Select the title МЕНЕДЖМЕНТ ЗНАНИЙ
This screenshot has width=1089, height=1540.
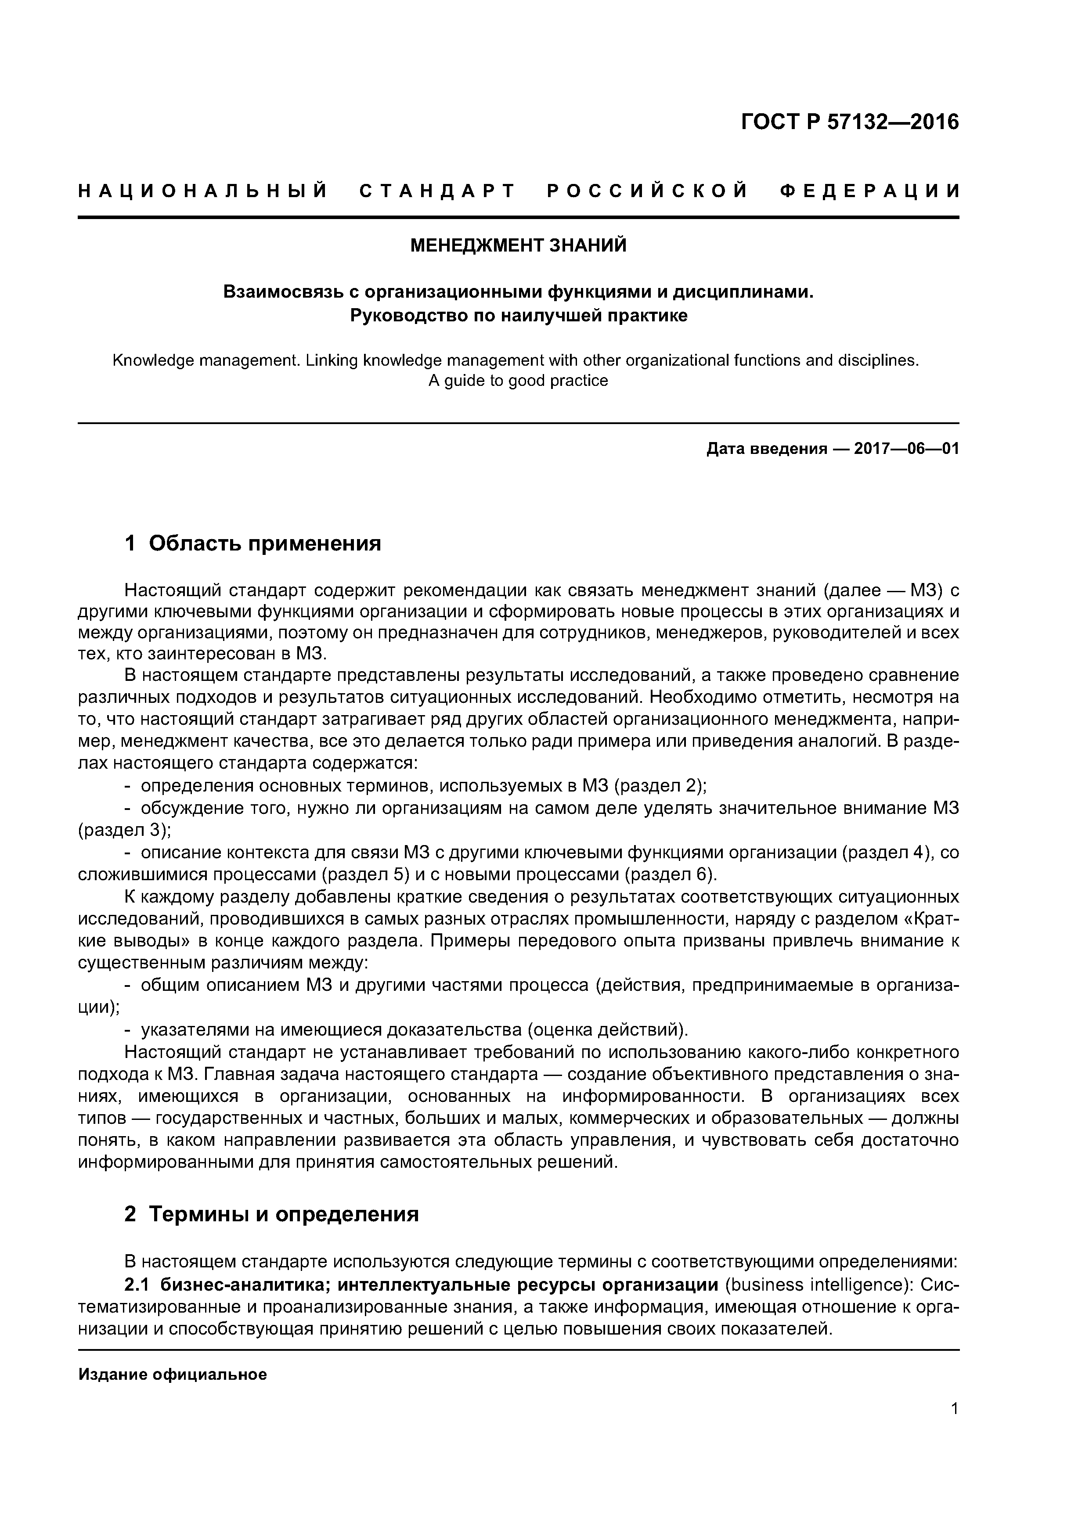click(x=518, y=245)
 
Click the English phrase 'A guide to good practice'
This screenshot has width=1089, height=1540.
click(x=518, y=381)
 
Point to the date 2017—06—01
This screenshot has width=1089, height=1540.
click(x=906, y=449)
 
